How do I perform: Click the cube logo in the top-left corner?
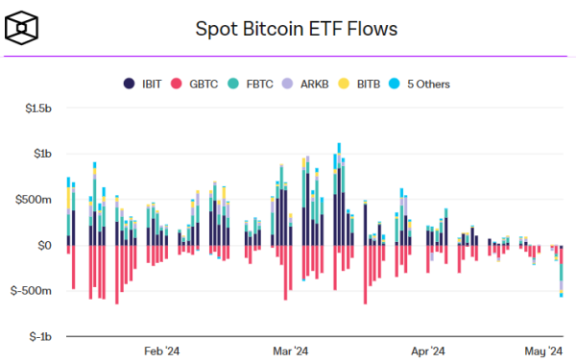point(22,28)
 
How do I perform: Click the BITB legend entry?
point(362,84)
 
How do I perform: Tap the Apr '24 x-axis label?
point(425,351)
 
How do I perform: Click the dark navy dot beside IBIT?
point(129,84)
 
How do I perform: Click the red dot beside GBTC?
point(176,84)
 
